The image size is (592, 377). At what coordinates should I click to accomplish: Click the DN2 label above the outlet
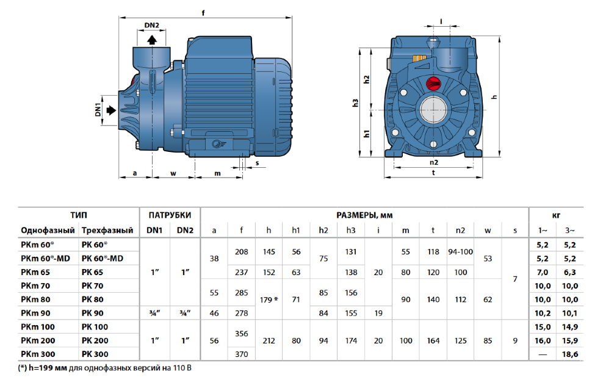(x=151, y=25)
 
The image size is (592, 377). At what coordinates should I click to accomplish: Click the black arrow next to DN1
(x=111, y=110)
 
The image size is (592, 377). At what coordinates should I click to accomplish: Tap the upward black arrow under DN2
(x=152, y=40)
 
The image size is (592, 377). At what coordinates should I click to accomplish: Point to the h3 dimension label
(x=355, y=102)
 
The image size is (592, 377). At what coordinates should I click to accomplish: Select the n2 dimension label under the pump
(x=434, y=162)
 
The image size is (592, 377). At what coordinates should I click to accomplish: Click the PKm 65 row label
(x=35, y=272)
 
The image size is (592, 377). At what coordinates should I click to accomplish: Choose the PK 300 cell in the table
(x=95, y=354)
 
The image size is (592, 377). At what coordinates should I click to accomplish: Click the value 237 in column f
(x=241, y=272)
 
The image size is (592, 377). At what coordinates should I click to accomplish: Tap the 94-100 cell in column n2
(x=460, y=252)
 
